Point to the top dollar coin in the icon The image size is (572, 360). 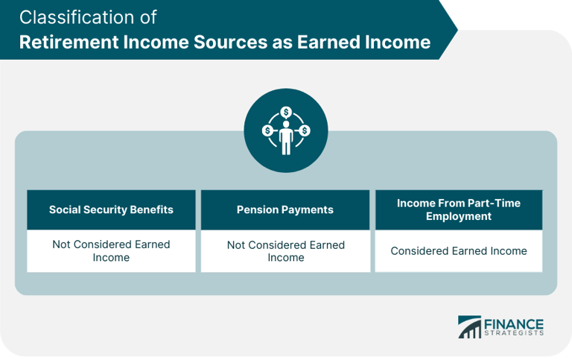(x=286, y=113)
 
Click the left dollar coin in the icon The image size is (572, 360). (x=267, y=131)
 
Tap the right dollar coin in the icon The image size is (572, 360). (x=305, y=131)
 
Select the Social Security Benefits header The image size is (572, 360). (x=111, y=209)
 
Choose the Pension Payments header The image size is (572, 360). (x=286, y=209)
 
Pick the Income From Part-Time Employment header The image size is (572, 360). (x=459, y=209)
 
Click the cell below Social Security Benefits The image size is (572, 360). (x=111, y=250)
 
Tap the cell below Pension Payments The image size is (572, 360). (x=286, y=250)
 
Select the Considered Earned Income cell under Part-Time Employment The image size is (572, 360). (x=459, y=250)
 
